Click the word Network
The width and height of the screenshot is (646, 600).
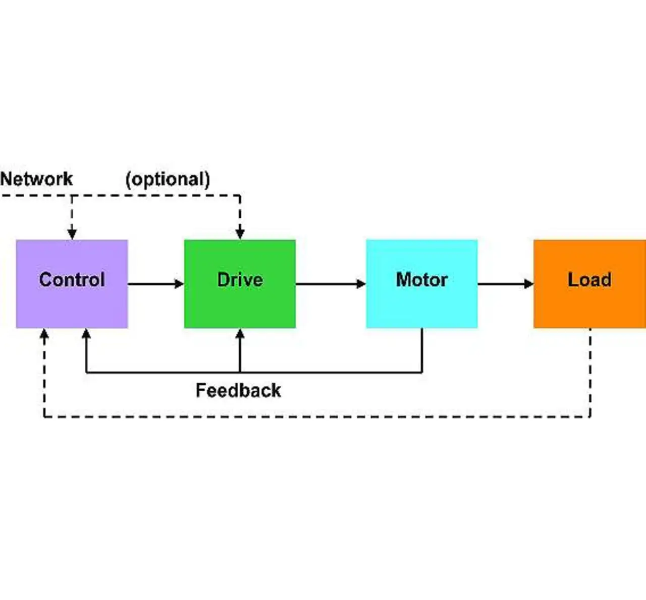36,179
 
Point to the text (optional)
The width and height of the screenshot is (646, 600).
168,179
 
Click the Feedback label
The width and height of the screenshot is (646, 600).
238,390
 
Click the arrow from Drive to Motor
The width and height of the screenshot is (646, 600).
331,284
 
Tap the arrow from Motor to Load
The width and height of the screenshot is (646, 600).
505,284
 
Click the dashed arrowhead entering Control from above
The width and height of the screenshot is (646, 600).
72,233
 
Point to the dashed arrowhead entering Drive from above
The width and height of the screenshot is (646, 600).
240,233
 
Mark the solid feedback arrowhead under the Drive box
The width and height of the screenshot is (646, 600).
240,334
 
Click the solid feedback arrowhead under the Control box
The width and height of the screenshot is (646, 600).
86,334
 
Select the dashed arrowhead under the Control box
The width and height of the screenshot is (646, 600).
44,334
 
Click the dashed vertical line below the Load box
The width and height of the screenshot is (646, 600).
590,373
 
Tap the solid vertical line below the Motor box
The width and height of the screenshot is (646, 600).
422,350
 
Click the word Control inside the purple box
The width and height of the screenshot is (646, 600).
72,280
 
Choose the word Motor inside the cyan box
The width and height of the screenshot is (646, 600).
421,280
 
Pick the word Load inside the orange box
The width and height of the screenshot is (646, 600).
589,280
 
